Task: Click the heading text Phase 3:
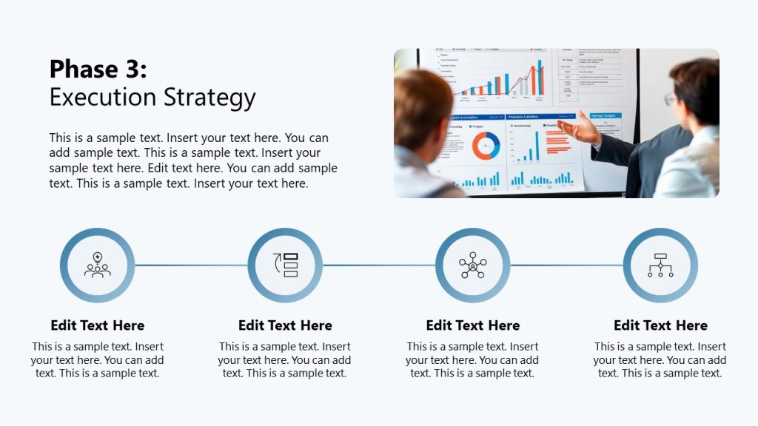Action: click(x=98, y=70)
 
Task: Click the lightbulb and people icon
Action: click(x=97, y=265)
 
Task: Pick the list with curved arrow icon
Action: click(x=285, y=265)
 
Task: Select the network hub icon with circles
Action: click(x=472, y=265)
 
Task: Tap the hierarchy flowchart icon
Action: click(x=660, y=265)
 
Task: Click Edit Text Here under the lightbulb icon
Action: click(x=97, y=325)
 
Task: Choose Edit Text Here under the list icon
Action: click(x=285, y=325)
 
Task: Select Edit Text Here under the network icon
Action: click(x=472, y=325)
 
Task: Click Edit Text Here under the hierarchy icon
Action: click(x=660, y=325)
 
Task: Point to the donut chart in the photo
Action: click(x=486, y=146)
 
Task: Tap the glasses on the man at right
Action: click(x=670, y=98)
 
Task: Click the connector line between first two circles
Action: click(x=191, y=266)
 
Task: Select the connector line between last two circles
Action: click(x=566, y=266)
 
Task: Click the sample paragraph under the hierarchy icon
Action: click(x=660, y=360)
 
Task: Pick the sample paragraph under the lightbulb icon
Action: click(x=97, y=360)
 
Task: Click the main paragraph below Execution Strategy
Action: click(x=192, y=160)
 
